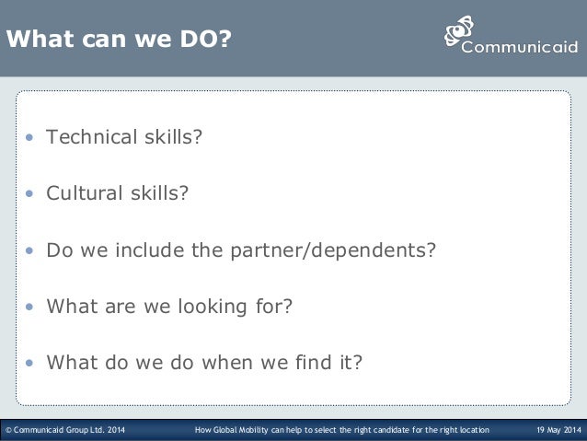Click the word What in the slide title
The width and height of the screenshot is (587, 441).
coord(40,40)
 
